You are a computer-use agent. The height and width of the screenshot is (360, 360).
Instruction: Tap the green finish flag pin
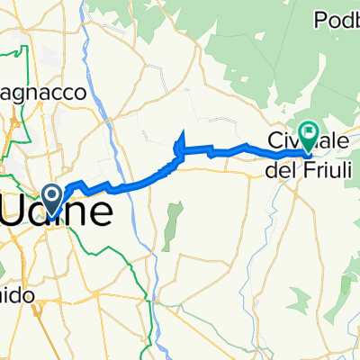coord(308,136)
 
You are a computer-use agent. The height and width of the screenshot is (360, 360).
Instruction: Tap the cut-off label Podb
coord(335,19)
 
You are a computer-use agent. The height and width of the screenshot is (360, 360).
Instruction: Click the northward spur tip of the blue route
coord(182,134)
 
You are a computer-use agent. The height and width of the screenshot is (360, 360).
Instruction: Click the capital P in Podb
coord(319,19)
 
